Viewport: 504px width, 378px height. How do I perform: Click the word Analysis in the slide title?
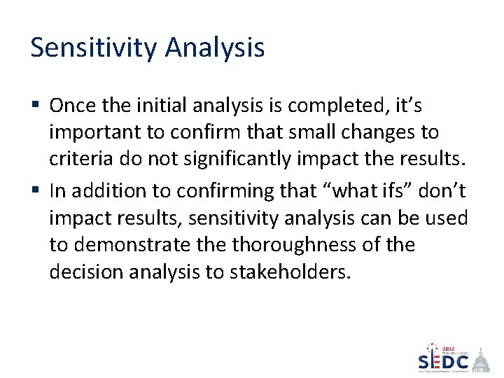coord(215,48)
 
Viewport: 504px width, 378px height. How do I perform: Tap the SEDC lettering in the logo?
coord(444,363)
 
